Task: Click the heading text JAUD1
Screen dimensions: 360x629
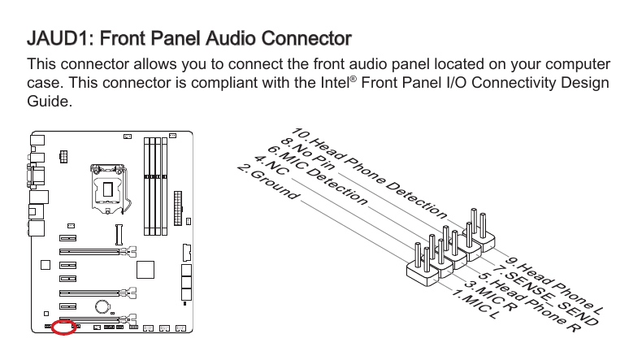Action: click(x=59, y=38)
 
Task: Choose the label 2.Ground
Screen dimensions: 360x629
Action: click(x=269, y=184)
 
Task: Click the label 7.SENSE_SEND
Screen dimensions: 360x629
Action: click(x=545, y=296)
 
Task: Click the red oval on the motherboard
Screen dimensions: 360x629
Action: click(x=63, y=328)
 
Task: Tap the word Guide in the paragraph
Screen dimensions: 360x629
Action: click(x=50, y=103)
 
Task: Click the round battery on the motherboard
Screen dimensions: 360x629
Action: click(x=103, y=306)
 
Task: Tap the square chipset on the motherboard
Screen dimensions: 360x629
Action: click(x=145, y=269)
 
